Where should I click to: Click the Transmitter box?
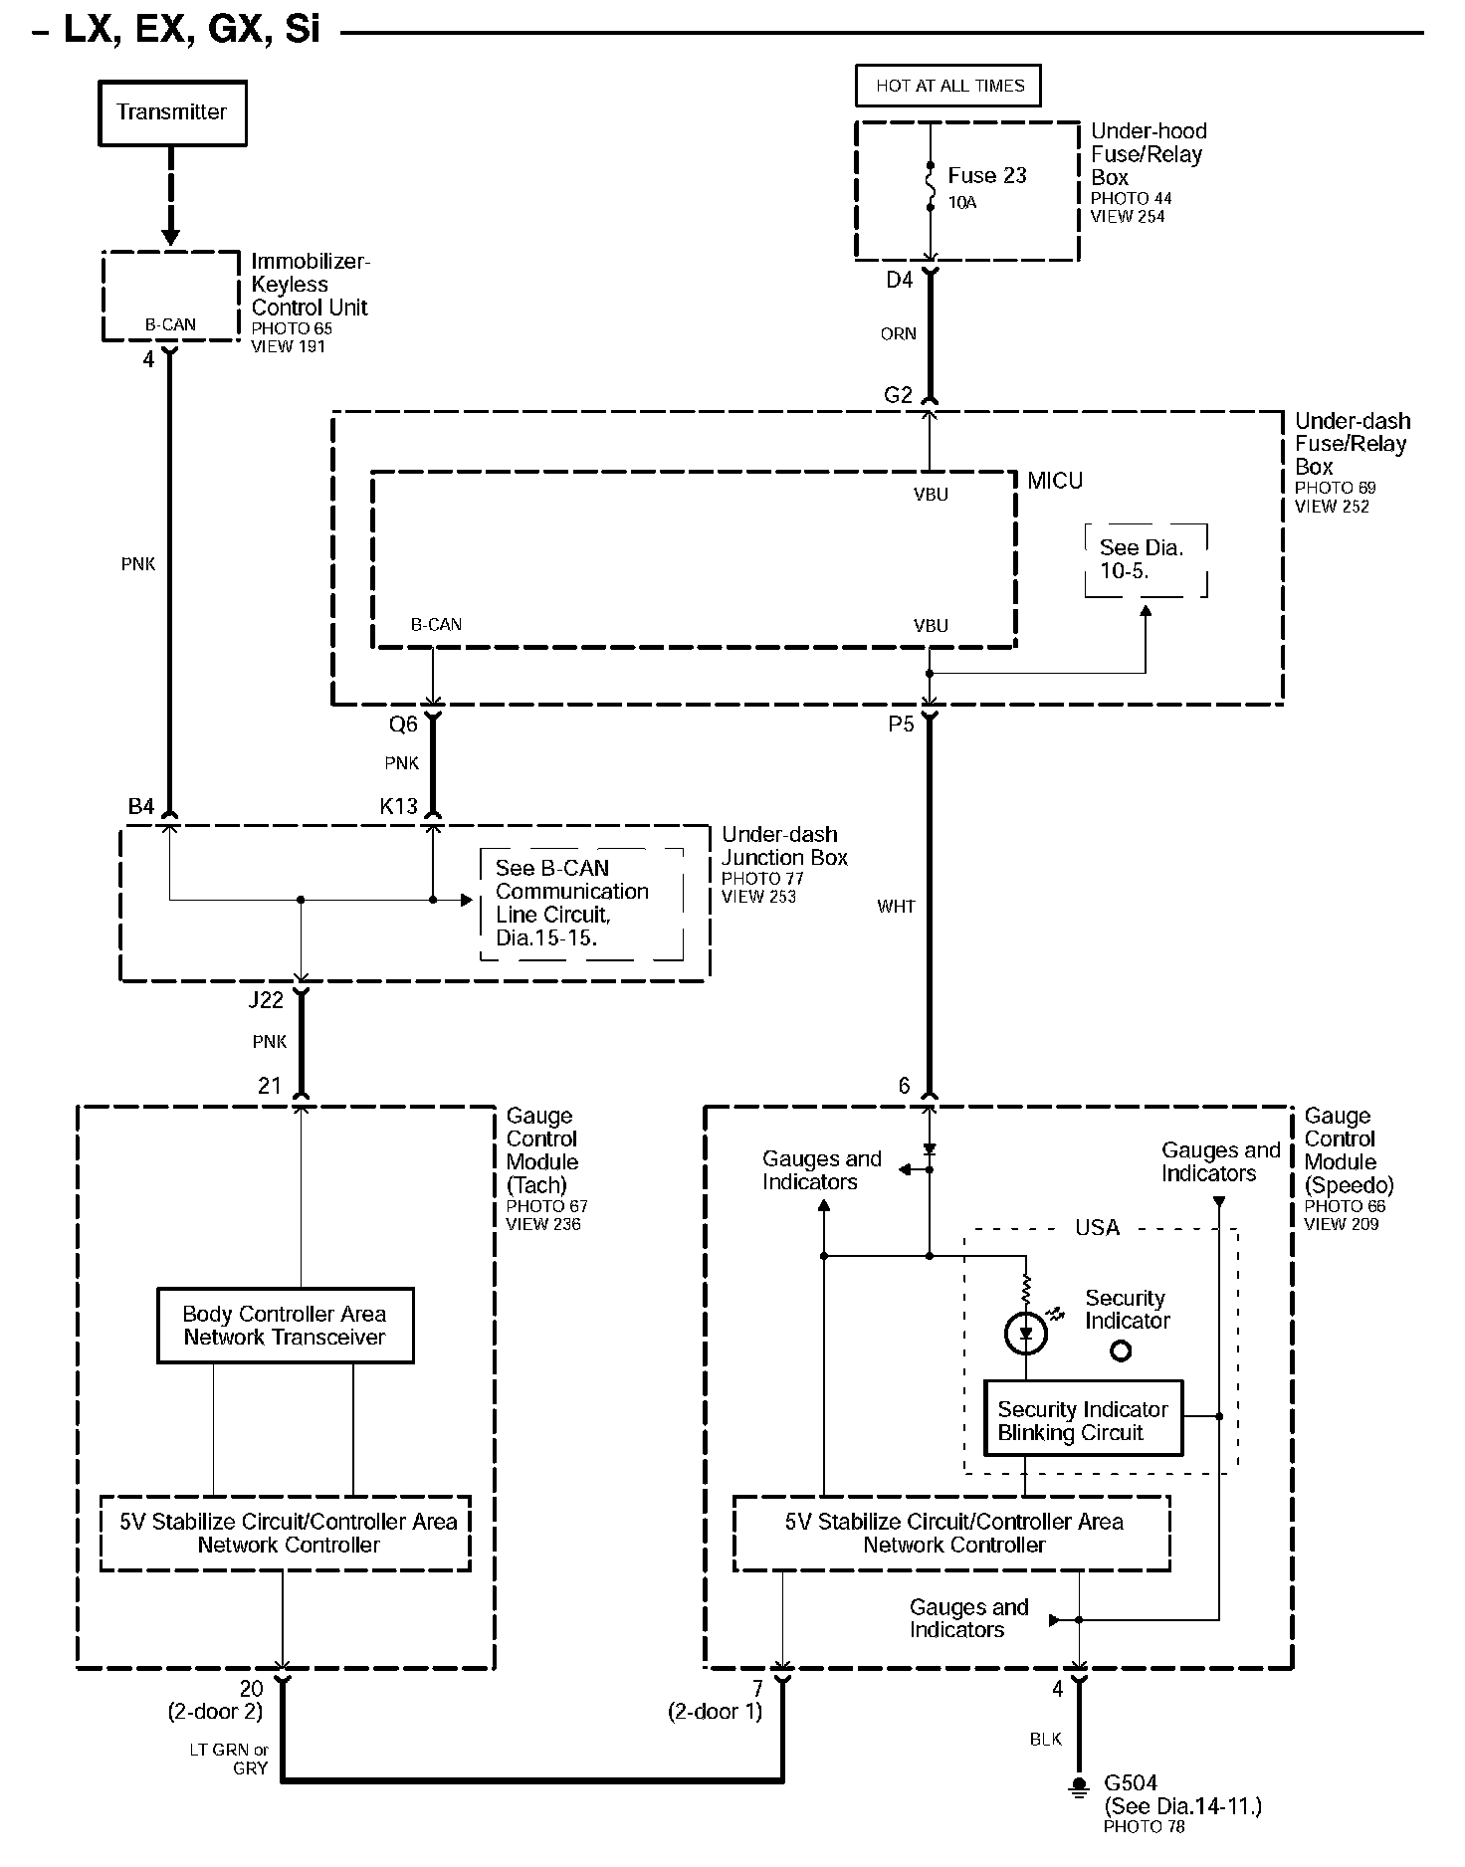click(171, 113)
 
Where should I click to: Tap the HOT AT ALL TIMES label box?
click(948, 86)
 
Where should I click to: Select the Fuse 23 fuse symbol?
click(931, 186)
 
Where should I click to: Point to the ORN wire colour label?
click(898, 334)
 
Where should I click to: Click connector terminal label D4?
click(899, 281)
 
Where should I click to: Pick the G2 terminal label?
click(898, 395)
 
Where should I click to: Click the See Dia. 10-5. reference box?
click(1146, 560)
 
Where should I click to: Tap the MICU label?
click(1055, 482)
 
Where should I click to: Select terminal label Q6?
click(403, 725)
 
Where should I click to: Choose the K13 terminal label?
click(398, 806)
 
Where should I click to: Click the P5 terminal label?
click(901, 725)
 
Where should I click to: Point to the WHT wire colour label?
click(896, 907)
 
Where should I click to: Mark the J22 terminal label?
click(266, 1000)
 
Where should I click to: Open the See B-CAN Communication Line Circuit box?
click(581, 904)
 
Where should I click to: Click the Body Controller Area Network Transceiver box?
click(285, 1326)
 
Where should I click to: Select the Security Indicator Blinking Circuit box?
click(1083, 1421)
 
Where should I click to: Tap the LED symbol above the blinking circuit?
click(1025, 1334)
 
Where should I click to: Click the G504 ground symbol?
click(1078, 1787)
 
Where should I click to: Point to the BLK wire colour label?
click(1045, 1739)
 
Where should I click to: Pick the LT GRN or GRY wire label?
click(229, 1759)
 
